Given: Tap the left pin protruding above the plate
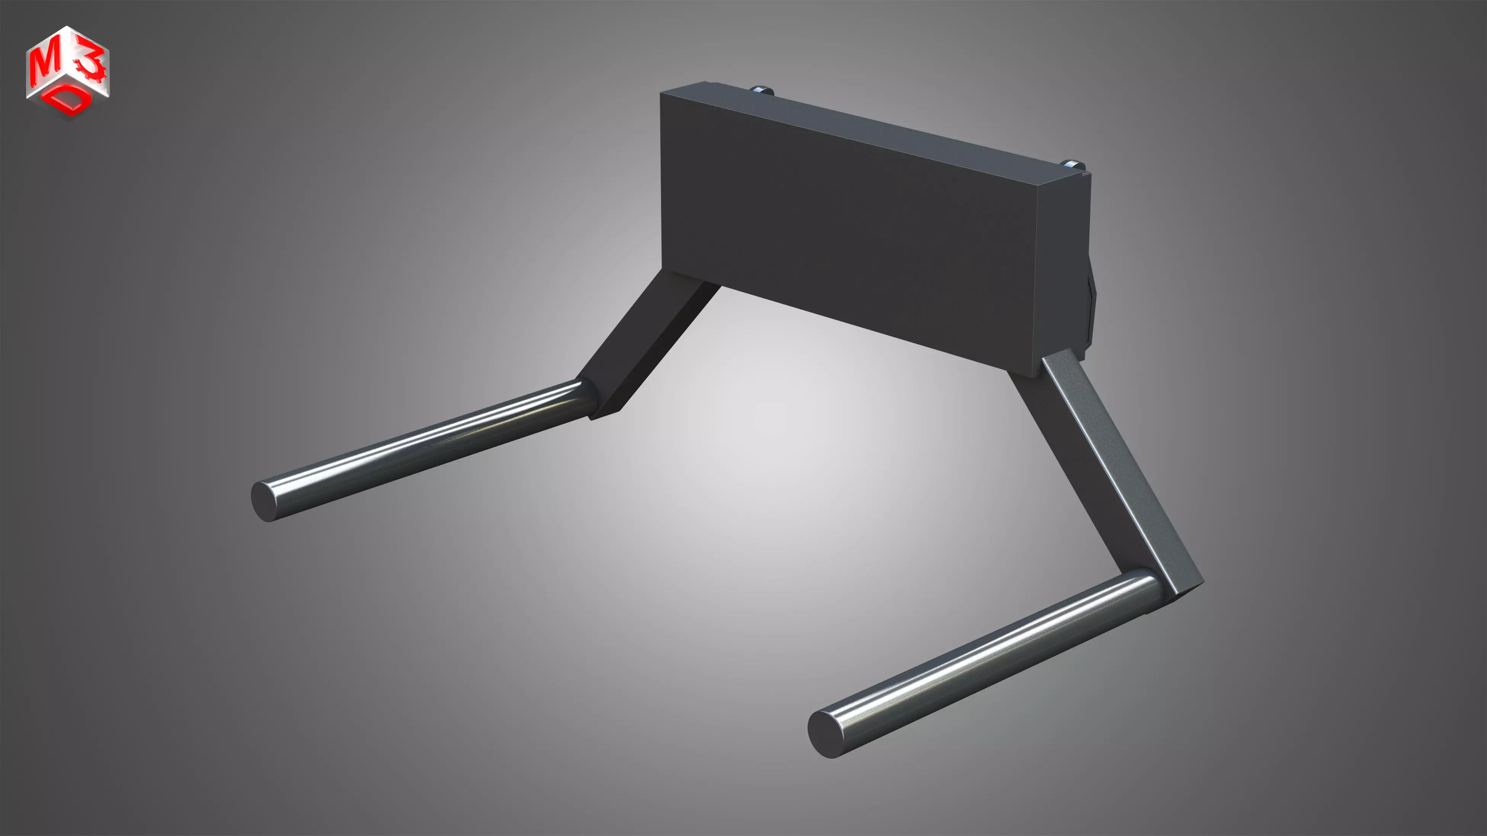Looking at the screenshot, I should tap(762, 91).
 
